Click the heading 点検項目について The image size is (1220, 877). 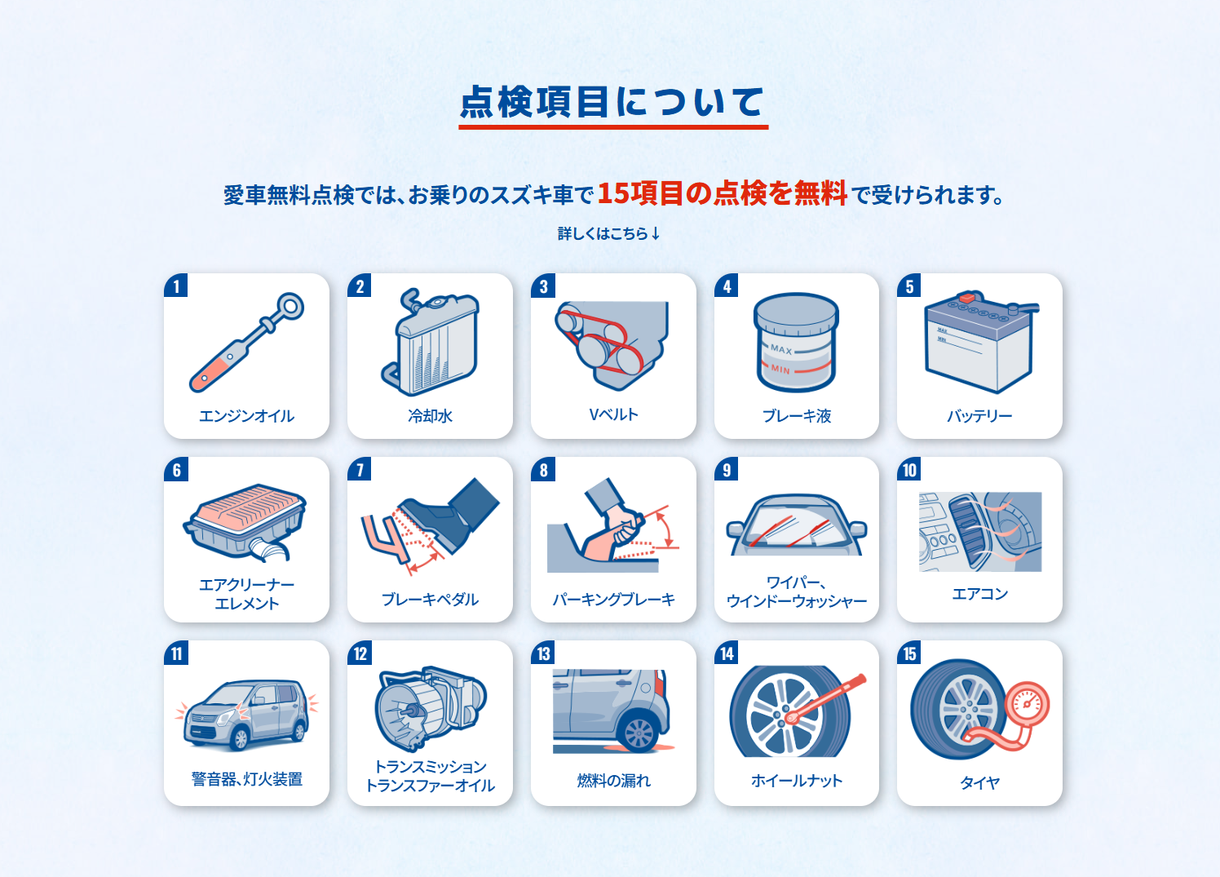[612, 102]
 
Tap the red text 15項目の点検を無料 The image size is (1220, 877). [723, 193]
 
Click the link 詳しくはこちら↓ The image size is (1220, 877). [609, 233]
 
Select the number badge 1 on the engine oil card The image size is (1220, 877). [176, 286]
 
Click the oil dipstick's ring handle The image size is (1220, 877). [290, 307]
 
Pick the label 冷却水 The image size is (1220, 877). [431, 416]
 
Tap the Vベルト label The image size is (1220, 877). [614, 414]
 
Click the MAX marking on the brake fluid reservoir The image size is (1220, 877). [781, 348]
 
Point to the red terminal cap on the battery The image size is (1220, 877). [967, 298]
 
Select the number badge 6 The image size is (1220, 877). [176, 470]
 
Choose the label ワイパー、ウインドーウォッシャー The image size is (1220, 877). [796, 592]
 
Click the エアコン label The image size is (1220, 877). [979, 594]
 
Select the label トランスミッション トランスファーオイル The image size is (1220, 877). [431, 776]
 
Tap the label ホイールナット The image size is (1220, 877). [796, 781]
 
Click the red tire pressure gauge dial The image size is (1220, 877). [1027, 704]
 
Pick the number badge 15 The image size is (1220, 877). [909, 653]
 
